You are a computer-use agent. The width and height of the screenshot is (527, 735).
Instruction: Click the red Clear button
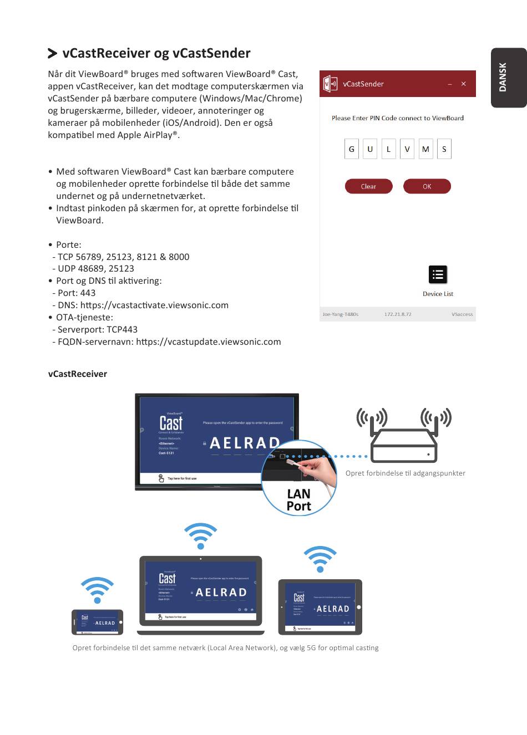[368, 187]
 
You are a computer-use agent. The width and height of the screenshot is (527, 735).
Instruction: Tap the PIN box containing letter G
[351, 149]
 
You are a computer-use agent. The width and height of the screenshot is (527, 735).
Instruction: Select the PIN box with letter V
[407, 149]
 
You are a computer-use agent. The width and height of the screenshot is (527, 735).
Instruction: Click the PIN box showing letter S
[444, 149]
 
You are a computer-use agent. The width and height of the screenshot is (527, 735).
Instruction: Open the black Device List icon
[438, 274]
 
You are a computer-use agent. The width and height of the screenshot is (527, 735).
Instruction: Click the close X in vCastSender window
[464, 84]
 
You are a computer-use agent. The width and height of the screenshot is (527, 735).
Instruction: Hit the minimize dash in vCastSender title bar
[449, 84]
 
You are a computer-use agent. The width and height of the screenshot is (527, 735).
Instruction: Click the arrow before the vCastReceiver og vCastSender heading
[53, 53]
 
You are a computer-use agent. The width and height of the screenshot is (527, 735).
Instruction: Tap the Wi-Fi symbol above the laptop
[200, 535]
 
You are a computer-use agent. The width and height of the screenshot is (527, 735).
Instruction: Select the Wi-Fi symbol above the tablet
[320, 559]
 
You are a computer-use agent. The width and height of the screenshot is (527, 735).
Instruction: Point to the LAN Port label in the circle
[298, 500]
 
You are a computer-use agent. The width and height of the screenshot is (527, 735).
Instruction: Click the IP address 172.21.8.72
[398, 314]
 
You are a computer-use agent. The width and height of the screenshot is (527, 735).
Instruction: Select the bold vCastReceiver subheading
[78, 374]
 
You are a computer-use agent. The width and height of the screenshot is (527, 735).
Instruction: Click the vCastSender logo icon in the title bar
[330, 84]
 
